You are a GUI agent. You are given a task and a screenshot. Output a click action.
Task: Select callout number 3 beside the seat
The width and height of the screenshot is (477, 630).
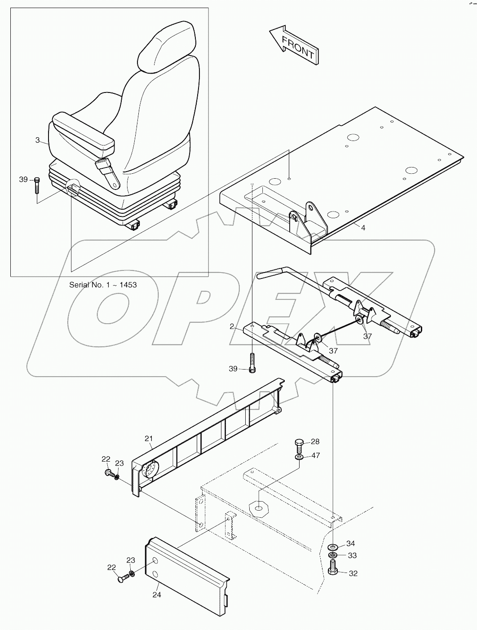coord(38,140)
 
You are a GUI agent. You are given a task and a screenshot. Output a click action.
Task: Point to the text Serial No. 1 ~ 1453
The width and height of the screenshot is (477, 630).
coord(103,285)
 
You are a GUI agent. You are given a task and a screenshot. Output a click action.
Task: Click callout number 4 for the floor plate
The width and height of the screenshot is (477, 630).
coord(363,228)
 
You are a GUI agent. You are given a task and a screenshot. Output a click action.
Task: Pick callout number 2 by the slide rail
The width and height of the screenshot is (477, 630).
coord(232,326)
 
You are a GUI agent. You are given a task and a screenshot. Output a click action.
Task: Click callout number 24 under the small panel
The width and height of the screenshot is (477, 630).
coord(156,595)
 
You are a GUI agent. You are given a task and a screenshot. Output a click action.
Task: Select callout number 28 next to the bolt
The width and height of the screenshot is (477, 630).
coord(315,442)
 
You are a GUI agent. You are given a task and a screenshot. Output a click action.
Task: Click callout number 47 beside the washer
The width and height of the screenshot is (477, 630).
coord(315,455)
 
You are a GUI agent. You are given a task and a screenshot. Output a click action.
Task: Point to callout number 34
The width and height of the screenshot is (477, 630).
coord(350,544)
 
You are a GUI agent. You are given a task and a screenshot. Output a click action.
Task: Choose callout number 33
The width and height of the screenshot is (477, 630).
coord(352,555)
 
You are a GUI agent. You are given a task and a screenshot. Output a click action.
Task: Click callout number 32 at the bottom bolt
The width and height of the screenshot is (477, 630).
coord(353,573)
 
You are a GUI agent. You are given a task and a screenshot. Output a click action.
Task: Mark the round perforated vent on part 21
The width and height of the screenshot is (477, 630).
coord(149,470)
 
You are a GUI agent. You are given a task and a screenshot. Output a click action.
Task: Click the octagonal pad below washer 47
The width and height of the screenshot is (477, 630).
coord(258,509)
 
